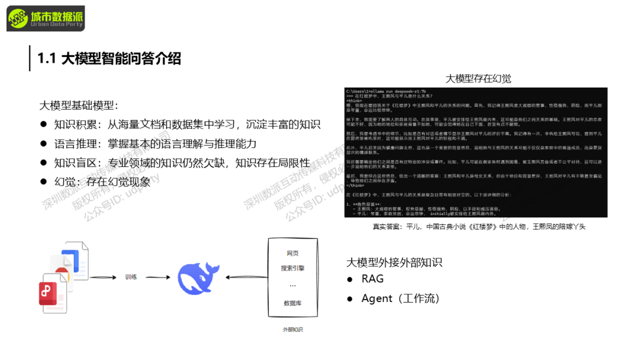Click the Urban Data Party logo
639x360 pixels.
(46, 18)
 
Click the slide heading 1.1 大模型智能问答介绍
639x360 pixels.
(109, 59)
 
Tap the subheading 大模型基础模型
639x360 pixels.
(79, 105)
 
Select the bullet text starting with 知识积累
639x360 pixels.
(187, 124)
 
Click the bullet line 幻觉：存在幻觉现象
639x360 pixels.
(102, 182)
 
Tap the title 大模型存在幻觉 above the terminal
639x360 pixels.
(478, 79)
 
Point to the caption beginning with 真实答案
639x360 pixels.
(479, 227)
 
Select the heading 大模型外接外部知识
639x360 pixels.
(394, 262)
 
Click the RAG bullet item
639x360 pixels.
(373, 279)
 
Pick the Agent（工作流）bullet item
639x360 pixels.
(401, 298)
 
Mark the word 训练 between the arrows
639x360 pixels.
(131, 277)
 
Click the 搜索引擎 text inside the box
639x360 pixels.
(293, 268)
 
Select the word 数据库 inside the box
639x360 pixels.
(293, 303)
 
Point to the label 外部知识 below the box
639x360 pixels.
(293, 329)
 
